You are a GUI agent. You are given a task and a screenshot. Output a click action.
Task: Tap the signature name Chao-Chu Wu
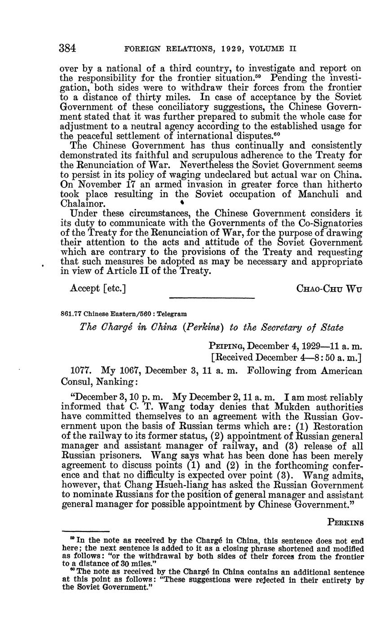tap(329, 288)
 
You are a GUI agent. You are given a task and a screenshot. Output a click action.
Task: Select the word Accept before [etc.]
tap(84, 288)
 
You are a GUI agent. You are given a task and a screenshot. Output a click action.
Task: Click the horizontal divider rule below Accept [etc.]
tap(211, 298)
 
